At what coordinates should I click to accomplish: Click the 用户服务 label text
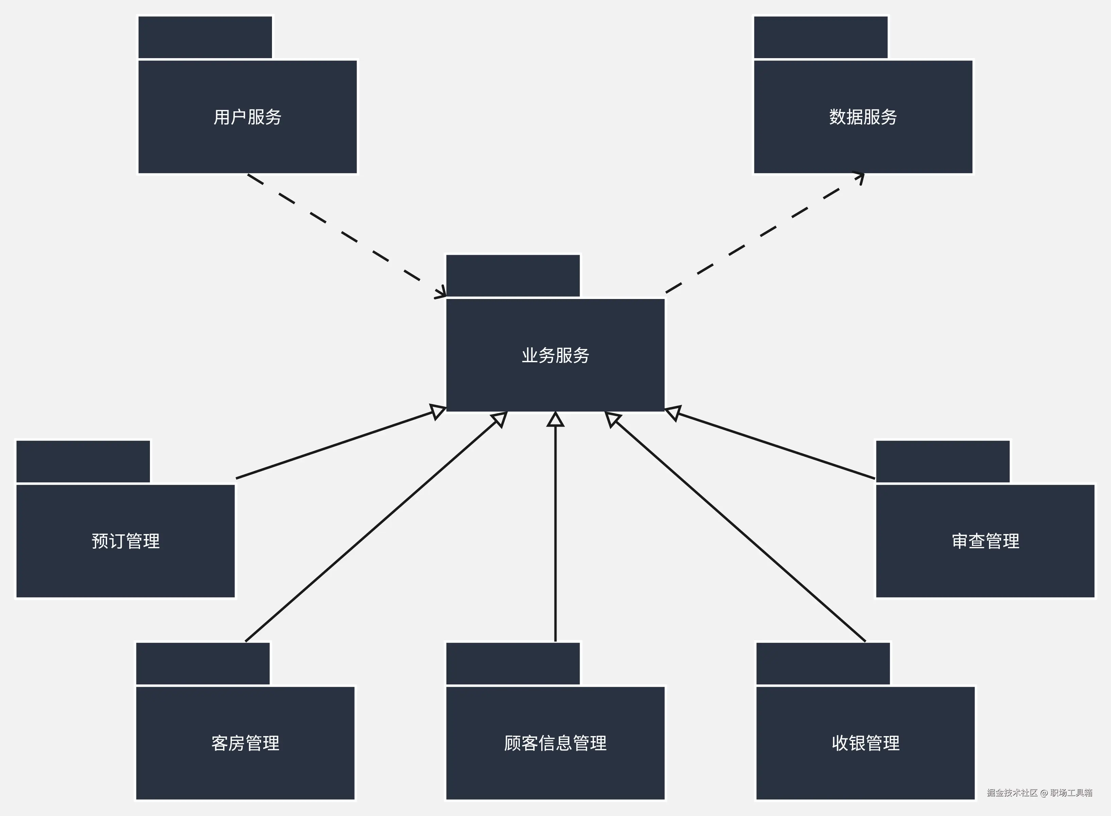coord(247,117)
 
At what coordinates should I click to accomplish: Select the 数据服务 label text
coord(863,117)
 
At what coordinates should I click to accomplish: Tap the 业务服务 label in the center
coord(555,355)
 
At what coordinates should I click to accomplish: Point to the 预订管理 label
coord(126,541)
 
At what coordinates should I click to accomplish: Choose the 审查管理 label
coord(985,541)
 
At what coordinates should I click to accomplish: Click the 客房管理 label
coord(245,743)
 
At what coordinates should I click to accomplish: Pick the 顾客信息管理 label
coord(555,743)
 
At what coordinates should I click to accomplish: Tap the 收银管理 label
coord(865,743)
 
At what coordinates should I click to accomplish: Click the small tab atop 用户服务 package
coord(205,37)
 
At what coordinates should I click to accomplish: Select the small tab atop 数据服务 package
coord(820,37)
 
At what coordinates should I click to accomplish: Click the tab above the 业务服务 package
coord(513,276)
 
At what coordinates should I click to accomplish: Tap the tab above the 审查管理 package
coord(943,461)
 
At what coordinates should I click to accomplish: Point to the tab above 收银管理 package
coord(823,663)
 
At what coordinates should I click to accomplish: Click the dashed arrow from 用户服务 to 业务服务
coord(341,232)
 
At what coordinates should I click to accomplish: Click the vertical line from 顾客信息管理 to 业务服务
coord(555,533)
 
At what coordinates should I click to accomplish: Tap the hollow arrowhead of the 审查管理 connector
coord(673,413)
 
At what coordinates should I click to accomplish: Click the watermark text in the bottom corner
coord(1039,793)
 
